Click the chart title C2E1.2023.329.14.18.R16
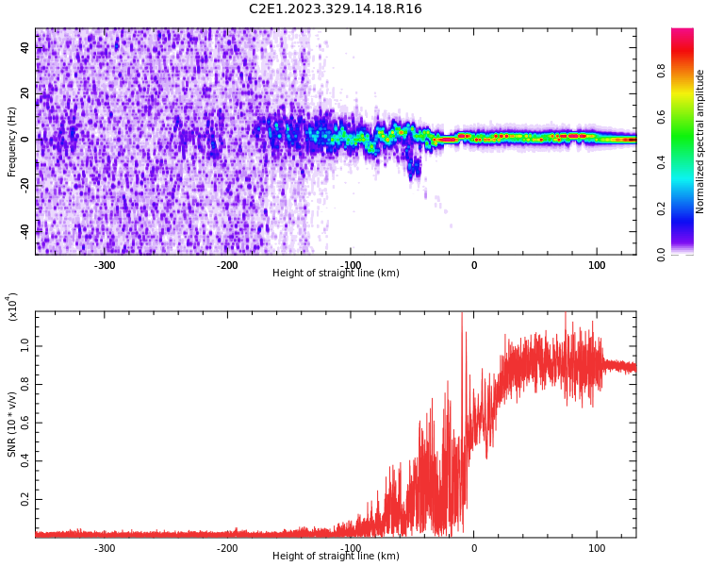pyautogui.click(x=336, y=9)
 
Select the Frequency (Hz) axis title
pyautogui.click(x=12, y=141)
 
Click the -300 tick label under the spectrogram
pyautogui.click(x=105, y=265)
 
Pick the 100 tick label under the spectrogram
pyautogui.click(x=597, y=265)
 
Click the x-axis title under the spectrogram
pyautogui.click(x=336, y=274)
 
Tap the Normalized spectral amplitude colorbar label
pyautogui.click(x=700, y=141)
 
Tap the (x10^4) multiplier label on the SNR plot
pyautogui.click(x=12, y=306)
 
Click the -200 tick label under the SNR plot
pyautogui.click(x=227, y=548)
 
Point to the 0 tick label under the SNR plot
pyautogui.click(x=474, y=548)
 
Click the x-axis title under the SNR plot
pyautogui.click(x=336, y=557)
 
